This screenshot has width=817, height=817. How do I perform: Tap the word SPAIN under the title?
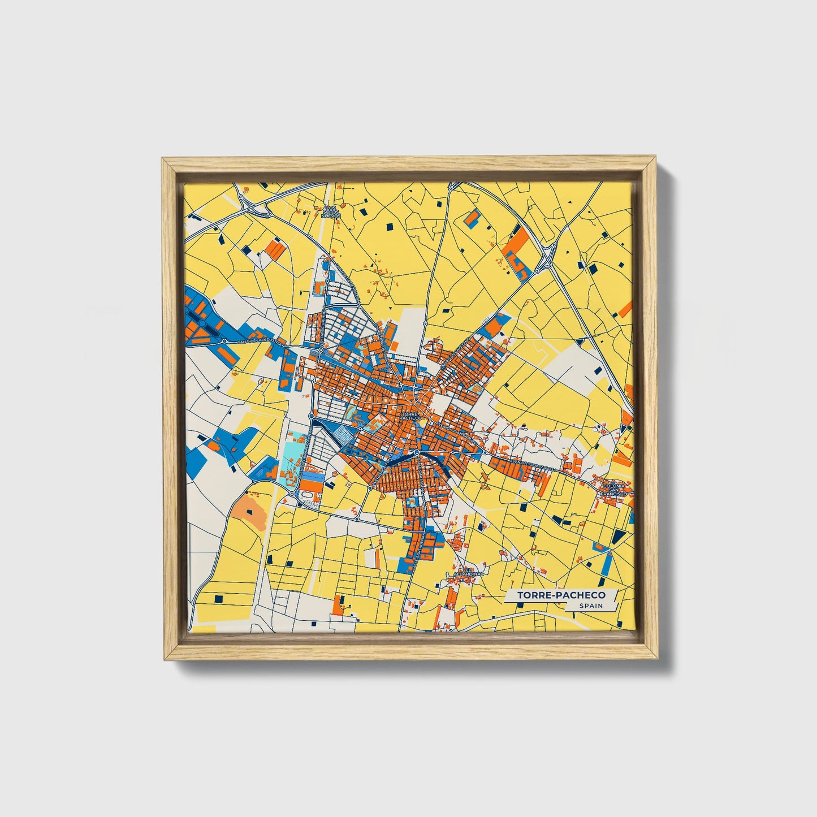(590, 606)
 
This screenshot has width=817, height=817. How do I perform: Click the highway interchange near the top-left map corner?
(249, 205)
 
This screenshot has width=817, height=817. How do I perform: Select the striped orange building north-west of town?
(274, 248)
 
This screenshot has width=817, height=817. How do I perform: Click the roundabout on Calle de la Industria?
(224, 341)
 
